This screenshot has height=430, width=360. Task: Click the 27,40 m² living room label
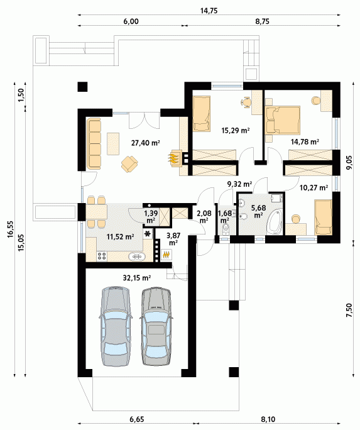pyautogui.click(x=146, y=143)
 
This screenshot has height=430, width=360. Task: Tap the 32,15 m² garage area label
pyautogui.click(x=137, y=278)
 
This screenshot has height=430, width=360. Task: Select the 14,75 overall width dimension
pyautogui.click(x=209, y=11)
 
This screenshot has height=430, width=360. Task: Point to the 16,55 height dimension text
pyautogui.click(x=11, y=229)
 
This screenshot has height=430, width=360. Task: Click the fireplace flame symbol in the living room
pyautogui.click(x=173, y=158)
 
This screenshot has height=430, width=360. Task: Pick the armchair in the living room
pyautogui.click(x=129, y=163)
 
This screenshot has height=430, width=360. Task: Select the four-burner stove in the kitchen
pyautogui.click(x=102, y=256)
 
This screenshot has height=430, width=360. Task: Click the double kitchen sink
pyautogui.click(x=136, y=256)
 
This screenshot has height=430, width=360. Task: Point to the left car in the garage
pyautogui.click(x=115, y=326)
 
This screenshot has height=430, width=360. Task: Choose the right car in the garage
pyautogui.click(x=156, y=326)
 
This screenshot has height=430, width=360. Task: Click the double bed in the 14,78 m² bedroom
pyautogui.click(x=282, y=121)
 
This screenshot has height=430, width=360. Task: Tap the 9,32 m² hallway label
pyautogui.click(x=240, y=184)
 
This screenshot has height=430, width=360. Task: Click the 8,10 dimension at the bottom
pyautogui.click(x=268, y=419)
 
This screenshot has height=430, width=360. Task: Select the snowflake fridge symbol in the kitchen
pyautogui.click(x=148, y=234)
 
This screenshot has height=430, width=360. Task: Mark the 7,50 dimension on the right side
pyautogui.click(x=349, y=311)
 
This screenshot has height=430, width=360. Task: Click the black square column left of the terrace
pyautogui.click(x=82, y=87)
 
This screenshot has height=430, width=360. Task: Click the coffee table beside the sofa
pyautogui.click(x=113, y=144)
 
